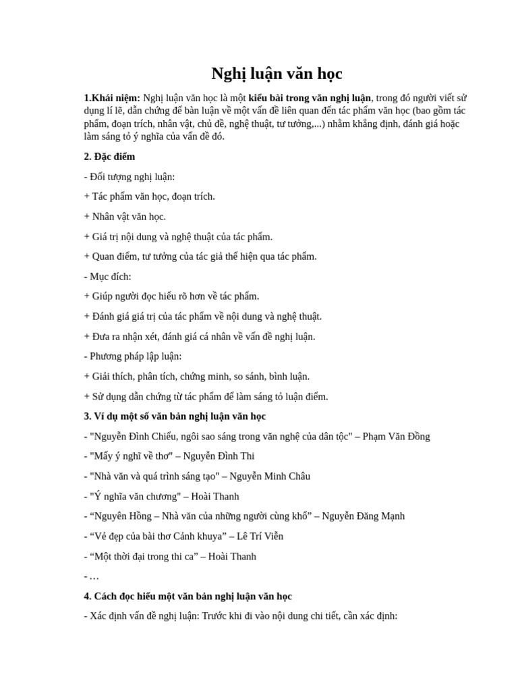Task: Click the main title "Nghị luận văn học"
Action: [x=277, y=73]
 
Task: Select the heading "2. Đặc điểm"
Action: [x=109, y=157]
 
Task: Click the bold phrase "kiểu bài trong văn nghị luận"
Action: [x=310, y=98]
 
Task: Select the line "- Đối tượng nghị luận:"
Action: [x=129, y=177]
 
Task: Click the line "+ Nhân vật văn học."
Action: [x=125, y=217]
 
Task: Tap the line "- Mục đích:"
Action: [x=108, y=277]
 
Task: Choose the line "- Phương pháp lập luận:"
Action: [x=133, y=356]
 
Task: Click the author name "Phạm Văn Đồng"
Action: [x=396, y=437]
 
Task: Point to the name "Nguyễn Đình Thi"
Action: [x=221, y=456]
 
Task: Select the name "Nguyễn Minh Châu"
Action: [x=270, y=476]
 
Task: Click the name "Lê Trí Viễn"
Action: [x=260, y=536]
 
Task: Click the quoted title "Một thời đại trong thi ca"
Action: [x=140, y=557]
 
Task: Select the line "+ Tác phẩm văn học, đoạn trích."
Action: [x=149, y=196]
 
